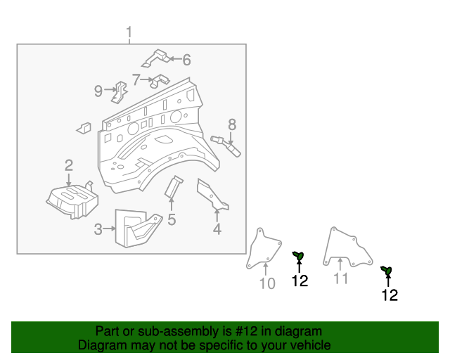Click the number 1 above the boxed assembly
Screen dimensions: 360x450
[129, 32]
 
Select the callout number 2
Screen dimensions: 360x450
[69, 166]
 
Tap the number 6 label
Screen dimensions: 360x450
[186, 60]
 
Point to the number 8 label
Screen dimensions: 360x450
[231, 125]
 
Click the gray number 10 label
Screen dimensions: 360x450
[267, 283]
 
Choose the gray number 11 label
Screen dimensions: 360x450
[340, 279]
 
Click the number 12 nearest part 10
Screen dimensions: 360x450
[300, 281]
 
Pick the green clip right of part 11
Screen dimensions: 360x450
[385, 270]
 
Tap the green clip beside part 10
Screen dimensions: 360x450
[298, 255]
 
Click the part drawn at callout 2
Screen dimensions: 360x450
[70, 199]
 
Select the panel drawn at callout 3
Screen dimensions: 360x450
[137, 227]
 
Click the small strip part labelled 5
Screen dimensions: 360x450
[172, 187]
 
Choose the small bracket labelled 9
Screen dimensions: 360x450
[121, 91]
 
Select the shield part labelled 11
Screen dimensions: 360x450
[345, 246]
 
